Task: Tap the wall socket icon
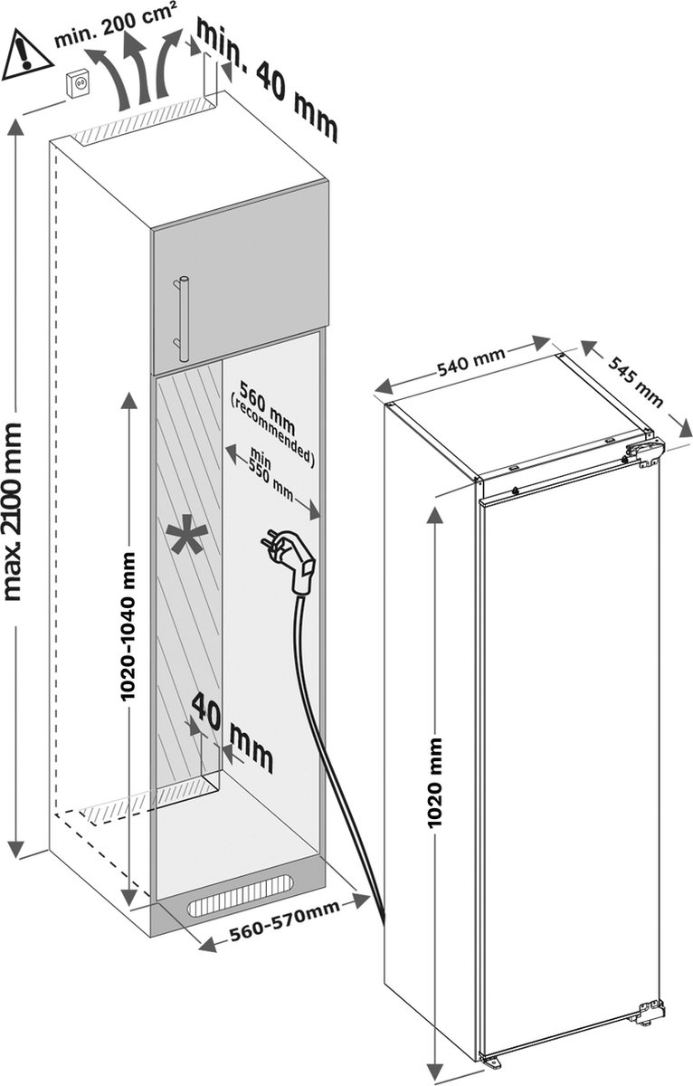point(78,86)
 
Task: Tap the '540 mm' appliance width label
point(471,361)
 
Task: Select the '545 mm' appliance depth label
point(635,381)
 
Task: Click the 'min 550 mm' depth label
point(271,474)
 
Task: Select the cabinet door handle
point(182,318)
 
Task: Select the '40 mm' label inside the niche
point(233,732)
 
